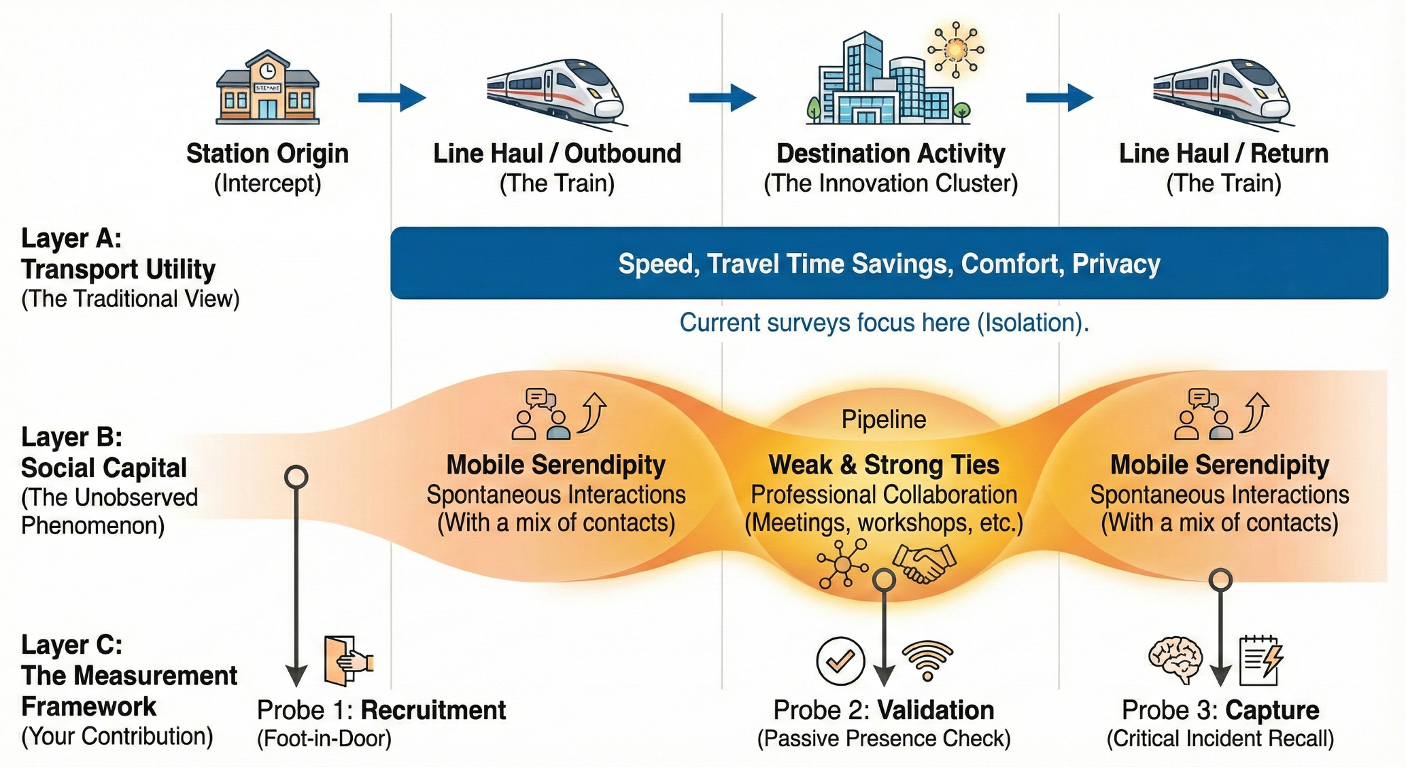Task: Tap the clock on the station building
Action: (x=267, y=71)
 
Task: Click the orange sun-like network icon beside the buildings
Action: (x=956, y=49)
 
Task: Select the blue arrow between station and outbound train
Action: (x=392, y=97)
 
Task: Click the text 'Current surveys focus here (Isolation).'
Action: (x=884, y=322)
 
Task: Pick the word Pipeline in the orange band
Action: (x=883, y=419)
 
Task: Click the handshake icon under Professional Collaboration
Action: (x=925, y=563)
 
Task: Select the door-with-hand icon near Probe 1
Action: (x=347, y=660)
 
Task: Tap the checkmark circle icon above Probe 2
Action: (x=840, y=661)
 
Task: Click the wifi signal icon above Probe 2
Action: (x=927, y=661)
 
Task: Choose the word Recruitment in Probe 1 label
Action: (x=433, y=710)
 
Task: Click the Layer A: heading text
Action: (x=71, y=239)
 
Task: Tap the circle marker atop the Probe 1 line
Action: (x=296, y=476)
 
